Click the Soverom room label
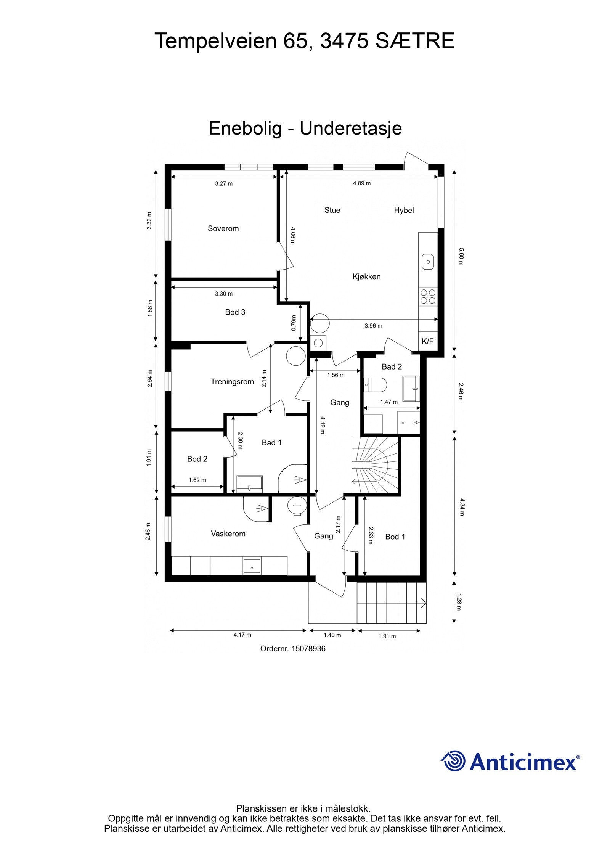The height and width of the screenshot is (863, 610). (x=223, y=228)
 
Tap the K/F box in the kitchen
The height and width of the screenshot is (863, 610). (x=427, y=341)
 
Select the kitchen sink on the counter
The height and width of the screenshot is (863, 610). (x=428, y=262)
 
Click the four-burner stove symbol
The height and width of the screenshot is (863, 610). (x=428, y=296)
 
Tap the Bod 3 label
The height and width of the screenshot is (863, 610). (x=235, y=312)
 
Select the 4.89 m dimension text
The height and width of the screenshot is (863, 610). (x=361, y=183)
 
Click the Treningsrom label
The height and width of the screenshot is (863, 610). (x=232, y=382)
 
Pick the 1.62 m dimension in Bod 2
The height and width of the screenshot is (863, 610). (x=197, y=480)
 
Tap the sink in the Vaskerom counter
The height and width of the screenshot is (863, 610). (x=252, y=566)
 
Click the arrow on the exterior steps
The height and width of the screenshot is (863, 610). (x=422, y=603)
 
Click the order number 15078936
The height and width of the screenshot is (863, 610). (x=308, y=649)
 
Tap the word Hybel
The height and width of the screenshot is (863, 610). (x=404, y=210)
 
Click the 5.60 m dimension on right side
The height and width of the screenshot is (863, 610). (x=460, y=257)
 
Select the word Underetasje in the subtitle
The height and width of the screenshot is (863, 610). (x=350, y=129)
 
